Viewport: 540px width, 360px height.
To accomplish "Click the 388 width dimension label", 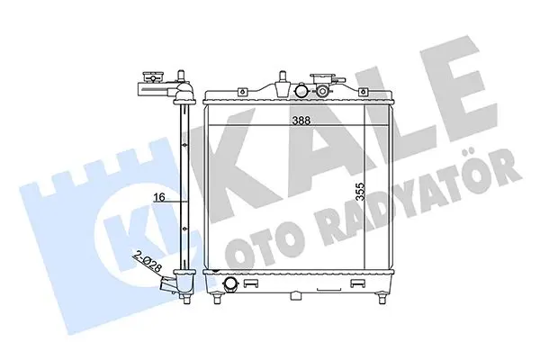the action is (x=301, y=121).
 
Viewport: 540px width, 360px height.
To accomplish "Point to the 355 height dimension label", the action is (x=360, y=192).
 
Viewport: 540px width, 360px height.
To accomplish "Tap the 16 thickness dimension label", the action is (x=159, y=197).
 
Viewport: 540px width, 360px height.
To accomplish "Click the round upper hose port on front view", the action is (x=302, y=91).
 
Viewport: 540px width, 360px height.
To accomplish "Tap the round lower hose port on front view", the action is (x=230, y=283).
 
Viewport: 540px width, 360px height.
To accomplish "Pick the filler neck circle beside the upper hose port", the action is (x=323, y=91).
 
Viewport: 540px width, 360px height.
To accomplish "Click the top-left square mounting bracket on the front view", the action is (x=242, y=92).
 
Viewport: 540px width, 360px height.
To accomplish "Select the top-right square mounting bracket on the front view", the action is (x=363, y=92).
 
